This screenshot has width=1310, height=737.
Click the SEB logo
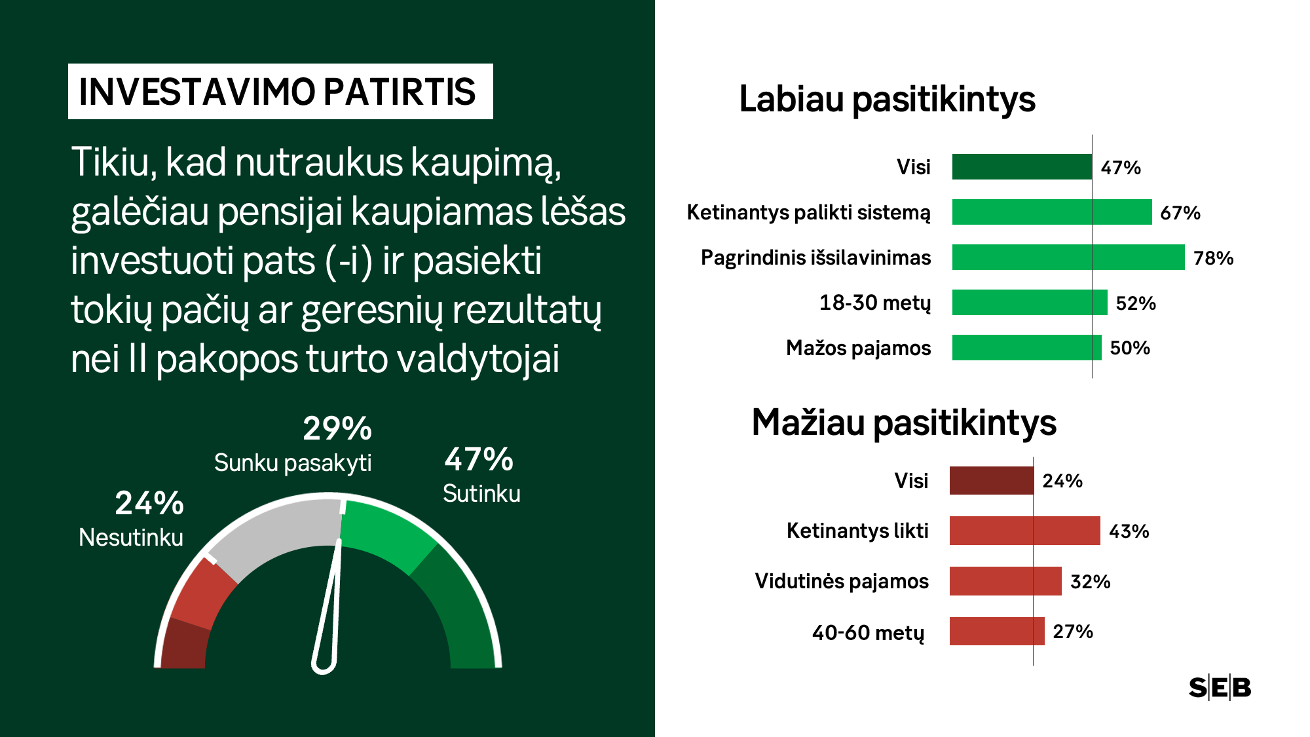[1220, 688]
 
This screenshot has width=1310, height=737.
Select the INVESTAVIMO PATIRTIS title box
[280, 91]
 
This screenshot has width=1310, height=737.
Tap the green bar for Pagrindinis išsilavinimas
[1068, 257]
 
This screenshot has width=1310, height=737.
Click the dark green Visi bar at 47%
[1022, 167]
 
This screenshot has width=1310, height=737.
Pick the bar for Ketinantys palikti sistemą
[1052, 212]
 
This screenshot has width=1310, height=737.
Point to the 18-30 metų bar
[1030, 302]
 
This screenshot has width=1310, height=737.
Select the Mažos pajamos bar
[1027, 347]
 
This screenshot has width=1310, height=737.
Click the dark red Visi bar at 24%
[992, 480]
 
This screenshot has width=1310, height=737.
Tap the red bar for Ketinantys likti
[1025, 531]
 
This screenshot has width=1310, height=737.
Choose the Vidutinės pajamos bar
[1005, 581]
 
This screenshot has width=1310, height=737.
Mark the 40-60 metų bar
[997, 631]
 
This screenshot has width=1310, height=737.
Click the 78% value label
[1213, 258]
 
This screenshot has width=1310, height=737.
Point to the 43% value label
[1129, 531]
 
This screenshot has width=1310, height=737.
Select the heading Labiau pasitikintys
[887, 100]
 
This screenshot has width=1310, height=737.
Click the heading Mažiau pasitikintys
[904, 423]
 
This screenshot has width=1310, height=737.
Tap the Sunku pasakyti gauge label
[293, 463]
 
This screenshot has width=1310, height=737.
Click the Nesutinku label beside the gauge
[131, 537]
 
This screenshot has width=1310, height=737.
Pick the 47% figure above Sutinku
[479, 459]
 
